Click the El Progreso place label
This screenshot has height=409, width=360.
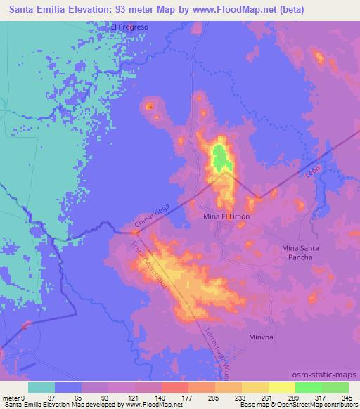pyautogui.click(x=129, y=27)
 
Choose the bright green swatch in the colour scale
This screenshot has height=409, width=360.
pyautogui.click(x=308, y=387)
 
